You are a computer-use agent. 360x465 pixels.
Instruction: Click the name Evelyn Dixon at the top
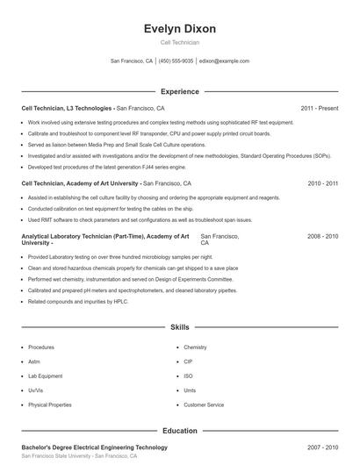tap(179, 29)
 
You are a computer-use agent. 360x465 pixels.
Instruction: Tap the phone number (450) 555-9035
tap(176, 61)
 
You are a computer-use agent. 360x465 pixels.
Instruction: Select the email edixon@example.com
tap(224, 61)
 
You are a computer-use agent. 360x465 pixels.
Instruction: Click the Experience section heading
tap(179, 91)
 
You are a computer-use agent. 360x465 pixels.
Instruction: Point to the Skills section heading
tap(179, 327)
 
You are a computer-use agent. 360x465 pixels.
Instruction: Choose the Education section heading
tap(179, 431)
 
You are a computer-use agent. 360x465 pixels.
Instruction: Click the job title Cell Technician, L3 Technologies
tap(67, 108)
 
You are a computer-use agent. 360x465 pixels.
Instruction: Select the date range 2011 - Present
tap(319, 108)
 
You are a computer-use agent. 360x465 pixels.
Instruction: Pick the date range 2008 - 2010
tap(322, 237)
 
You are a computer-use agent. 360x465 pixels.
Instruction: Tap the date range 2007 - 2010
tap(322, 447)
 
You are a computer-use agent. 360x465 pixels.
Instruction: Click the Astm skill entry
tap(34, 361)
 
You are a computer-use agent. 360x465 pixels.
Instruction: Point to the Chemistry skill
tap(195, 347)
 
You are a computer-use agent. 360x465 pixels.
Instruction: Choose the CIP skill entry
tap(188, 361)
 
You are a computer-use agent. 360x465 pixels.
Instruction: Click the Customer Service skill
tap(204, 405)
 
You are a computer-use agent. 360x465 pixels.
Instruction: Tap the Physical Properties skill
tap(49, 405)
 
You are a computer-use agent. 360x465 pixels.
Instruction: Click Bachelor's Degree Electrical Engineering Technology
tap(94, 447)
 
